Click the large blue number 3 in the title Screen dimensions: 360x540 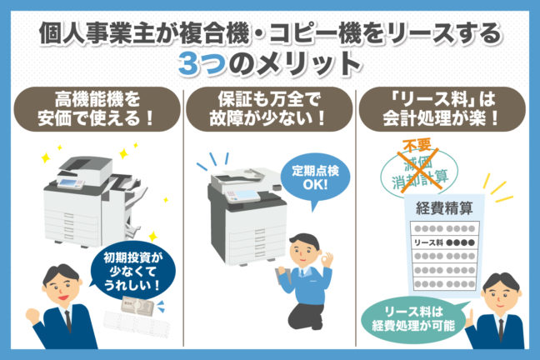pyautogui.click(x=193, y=63)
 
